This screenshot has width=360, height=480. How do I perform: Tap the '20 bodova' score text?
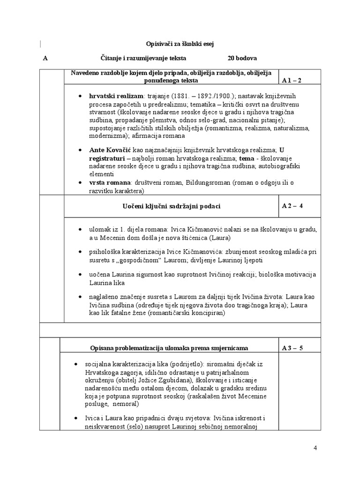coord(242,59)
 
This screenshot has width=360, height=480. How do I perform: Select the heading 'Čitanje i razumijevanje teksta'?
coord(143,59)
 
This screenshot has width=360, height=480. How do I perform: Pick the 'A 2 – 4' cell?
coord(292,206)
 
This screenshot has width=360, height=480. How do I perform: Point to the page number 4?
coord(315,448)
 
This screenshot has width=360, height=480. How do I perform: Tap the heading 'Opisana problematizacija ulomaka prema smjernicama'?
coord(169,348)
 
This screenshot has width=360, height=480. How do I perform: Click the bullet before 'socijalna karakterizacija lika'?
coord(76,364)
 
